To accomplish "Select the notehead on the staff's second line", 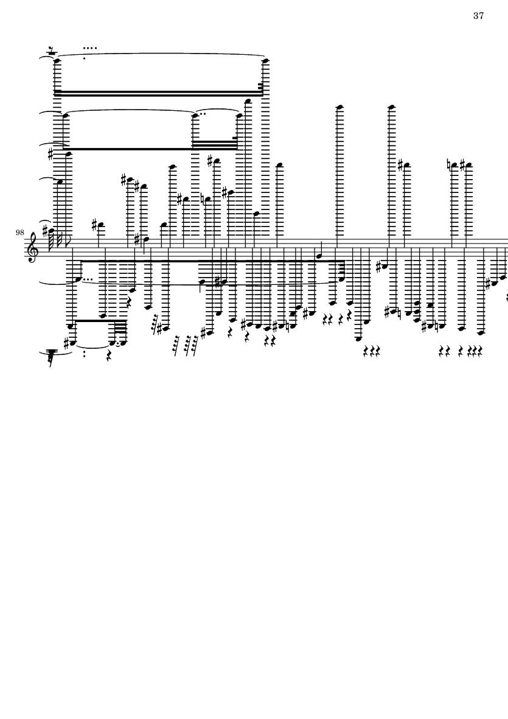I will (317, 256).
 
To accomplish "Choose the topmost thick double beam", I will (158, 93).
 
